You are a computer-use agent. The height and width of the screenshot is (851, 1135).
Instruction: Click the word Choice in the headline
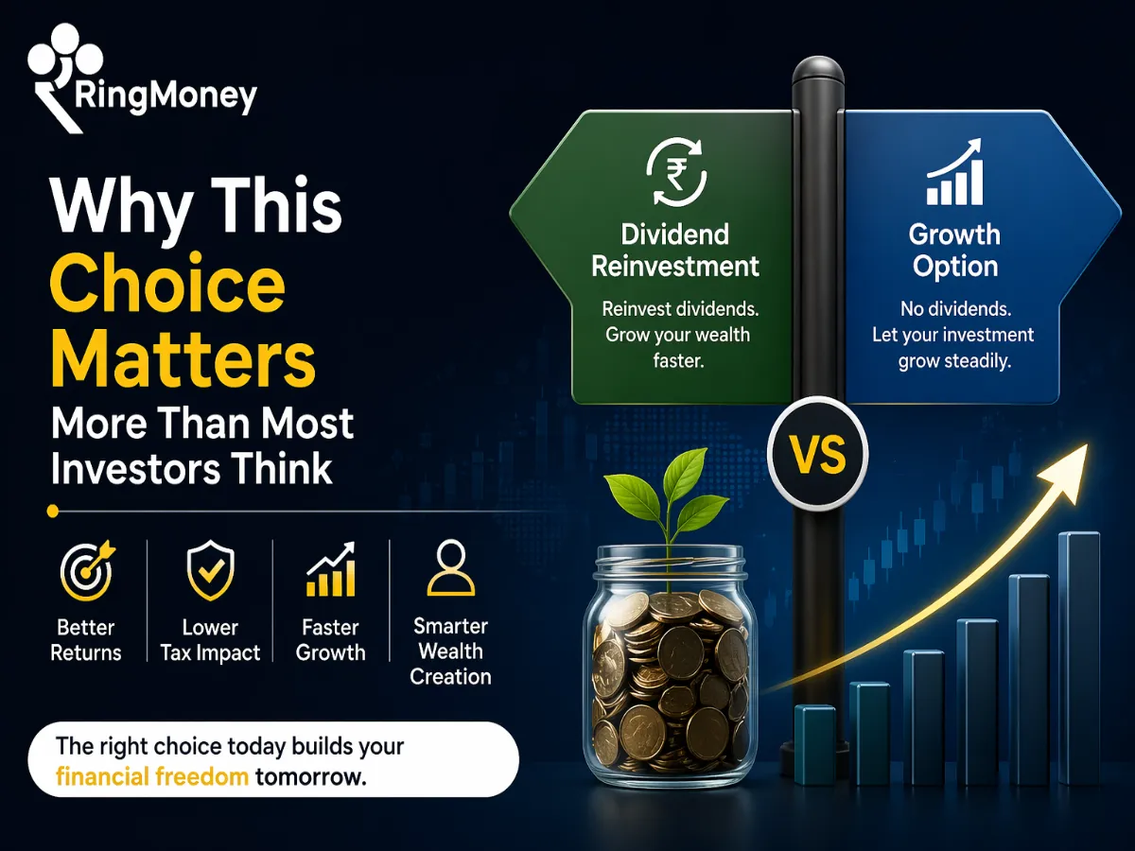point(167,285)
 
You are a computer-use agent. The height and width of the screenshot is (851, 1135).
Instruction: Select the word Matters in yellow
point(183,359)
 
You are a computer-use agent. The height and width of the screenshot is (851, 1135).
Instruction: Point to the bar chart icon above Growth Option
point(955,175)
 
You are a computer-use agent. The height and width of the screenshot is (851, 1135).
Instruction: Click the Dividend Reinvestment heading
point(674,250)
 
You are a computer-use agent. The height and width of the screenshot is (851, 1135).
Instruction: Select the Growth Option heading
point(954,250)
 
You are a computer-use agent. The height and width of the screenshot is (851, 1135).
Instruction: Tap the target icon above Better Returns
point(87,571)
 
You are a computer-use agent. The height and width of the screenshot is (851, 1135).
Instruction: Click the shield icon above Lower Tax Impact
point(210,571)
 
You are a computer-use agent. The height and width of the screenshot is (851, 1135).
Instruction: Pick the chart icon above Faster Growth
point(330,571)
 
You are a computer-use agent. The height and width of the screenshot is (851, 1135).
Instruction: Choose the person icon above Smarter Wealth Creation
point(450,567)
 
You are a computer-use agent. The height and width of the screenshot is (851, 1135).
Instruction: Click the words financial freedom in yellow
point(152,777)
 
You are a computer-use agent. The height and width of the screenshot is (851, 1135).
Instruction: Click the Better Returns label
point(86,640)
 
